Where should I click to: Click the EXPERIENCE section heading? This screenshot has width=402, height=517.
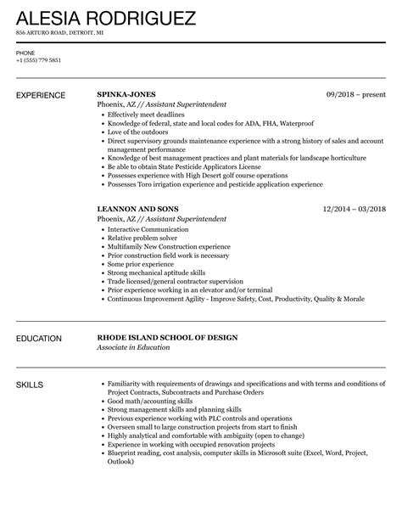(x=45, y=94)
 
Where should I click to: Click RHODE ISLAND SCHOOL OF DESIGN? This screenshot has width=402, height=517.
(x=167, y=338)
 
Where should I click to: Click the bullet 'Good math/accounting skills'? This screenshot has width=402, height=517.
(x=148, y=402)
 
